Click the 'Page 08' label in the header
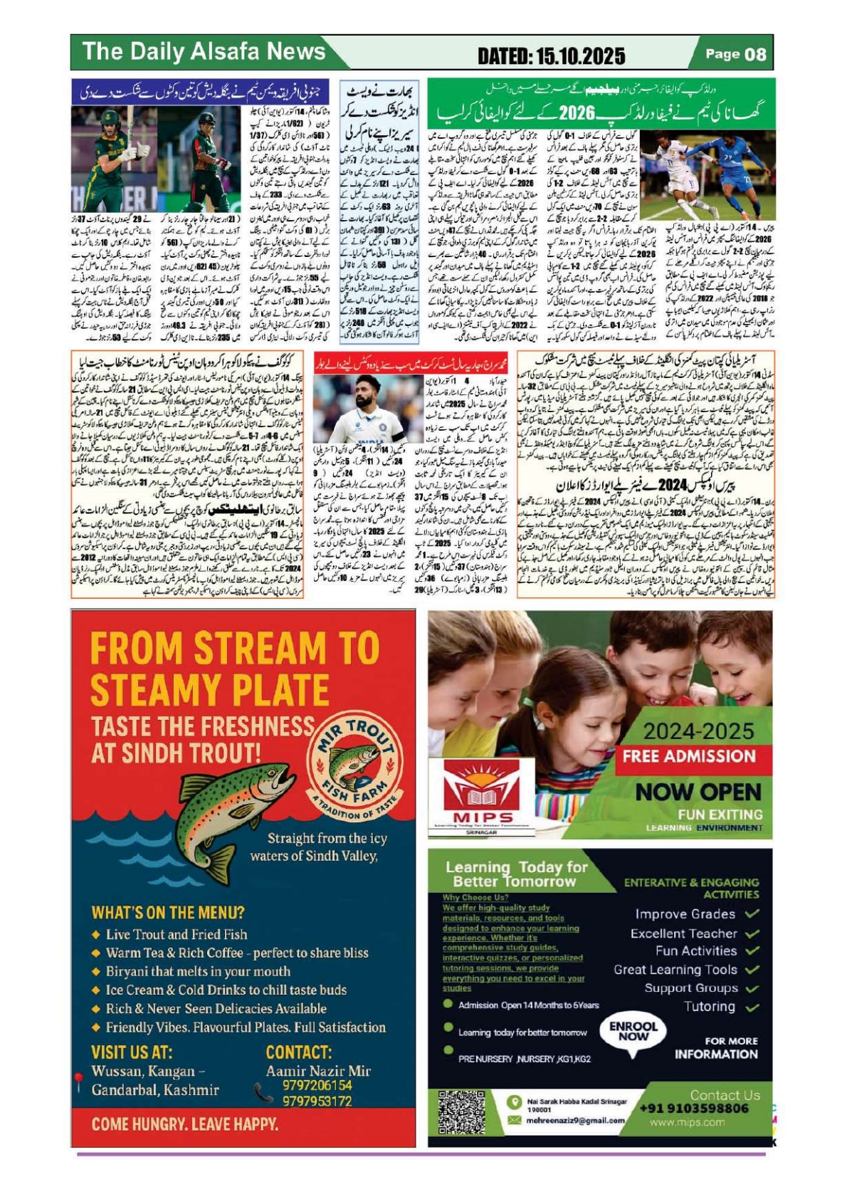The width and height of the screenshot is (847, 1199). click(x=735, y=54)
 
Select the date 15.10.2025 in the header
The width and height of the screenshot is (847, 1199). click(x=552, y=56)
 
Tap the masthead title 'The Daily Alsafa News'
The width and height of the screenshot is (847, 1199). click(x=204, y=51)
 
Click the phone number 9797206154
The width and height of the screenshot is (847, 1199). click(x=317, y=1085)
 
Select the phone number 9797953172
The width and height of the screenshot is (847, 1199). click(x=317, y=1101)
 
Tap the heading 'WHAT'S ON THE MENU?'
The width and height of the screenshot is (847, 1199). click(x=168, y=912)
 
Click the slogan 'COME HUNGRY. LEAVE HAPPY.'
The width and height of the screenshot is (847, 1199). click(x=185, y=1124)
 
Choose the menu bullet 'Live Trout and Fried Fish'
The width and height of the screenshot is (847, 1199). click(x=177, y=934)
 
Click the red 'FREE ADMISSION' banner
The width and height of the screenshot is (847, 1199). click(x=688, y=756)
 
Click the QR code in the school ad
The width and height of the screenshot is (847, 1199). click(x=461, y=1111)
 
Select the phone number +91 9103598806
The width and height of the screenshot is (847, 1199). click(x=694, y=1109)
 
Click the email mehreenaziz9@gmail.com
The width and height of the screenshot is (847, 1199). click(x=575, y=1120)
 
